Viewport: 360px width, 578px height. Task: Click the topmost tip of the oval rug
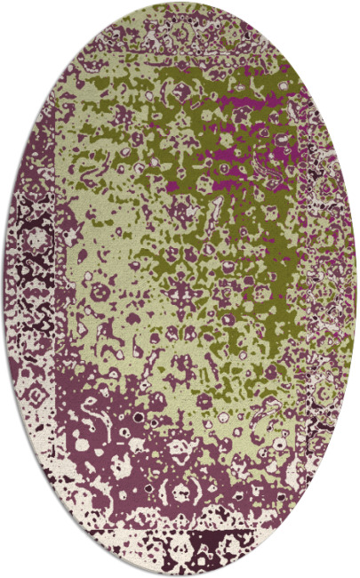pyautogui.click(x=180, y=3)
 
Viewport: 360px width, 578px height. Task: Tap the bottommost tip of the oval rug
pyautogui.click(x=180, y=575)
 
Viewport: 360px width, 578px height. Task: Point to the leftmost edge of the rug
pyautogui.click(x=3, y=289)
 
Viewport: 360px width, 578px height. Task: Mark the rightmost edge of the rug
pyautogui.click(x=357, y=289)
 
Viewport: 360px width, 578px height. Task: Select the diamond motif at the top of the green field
pyautogui.click(x=182, y=89)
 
